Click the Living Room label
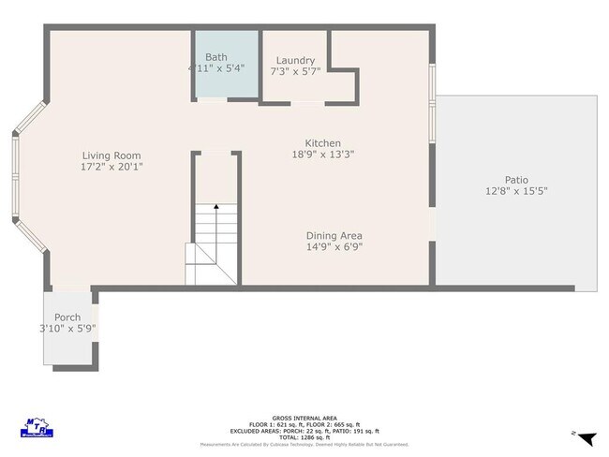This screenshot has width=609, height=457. [x=111, y=155]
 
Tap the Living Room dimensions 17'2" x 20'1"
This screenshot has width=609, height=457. [x=111, y=167]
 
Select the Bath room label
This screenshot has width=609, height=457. [x=216, y=57]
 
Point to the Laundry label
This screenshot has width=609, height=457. [x=295, y=61]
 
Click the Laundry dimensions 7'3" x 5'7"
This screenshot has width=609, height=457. [x=295, y=72]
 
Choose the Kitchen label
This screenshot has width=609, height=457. [x=322, y=143]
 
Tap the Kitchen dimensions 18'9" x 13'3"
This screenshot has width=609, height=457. [x=322, y=155]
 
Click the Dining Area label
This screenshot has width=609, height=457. [x=334, y=236]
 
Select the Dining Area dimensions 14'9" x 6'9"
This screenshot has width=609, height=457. [x=334, y=247]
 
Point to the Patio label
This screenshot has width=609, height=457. [x=516, y=180]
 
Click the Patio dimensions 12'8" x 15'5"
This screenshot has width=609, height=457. [x=516, y=191]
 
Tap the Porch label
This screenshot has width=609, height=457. [x=67, y=317]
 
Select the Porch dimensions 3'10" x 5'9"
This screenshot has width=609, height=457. [x=67, y=329]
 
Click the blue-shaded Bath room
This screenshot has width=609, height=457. [x=226, y=80]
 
